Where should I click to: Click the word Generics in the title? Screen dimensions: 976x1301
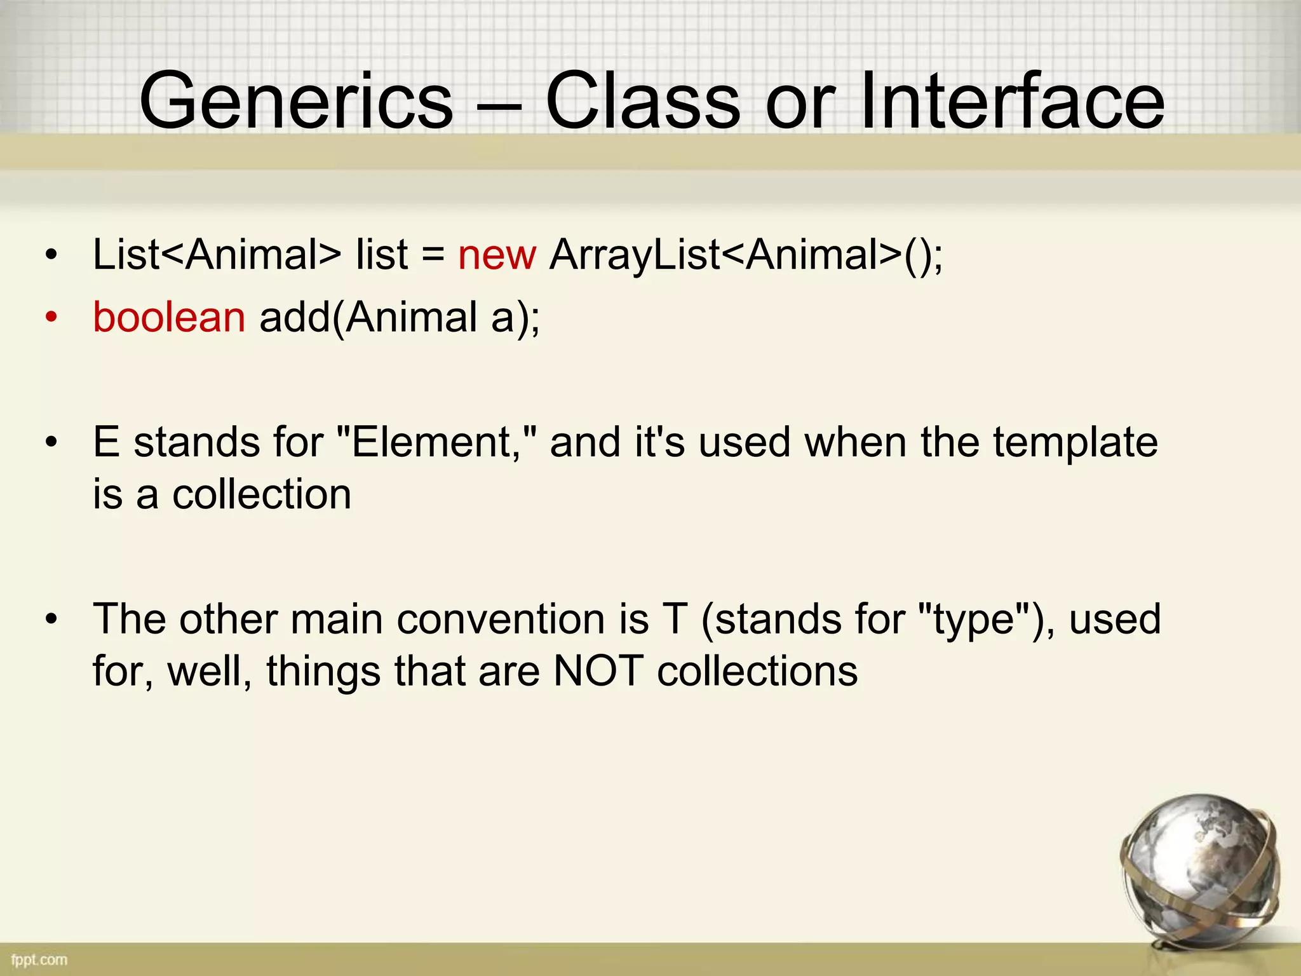pyautogui.click(x=296, y=102)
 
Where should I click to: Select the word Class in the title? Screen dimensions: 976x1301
pyautogui.click(x=643, y=102)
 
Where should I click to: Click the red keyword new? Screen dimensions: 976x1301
pyautogui.click(x=497, y=255)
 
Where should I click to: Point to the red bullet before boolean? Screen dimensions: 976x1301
pyautogui.click(x=51, y=317)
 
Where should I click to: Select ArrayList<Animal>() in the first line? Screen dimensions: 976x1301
pyautogui.click(x=746, y=255)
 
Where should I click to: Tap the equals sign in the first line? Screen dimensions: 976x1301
pyautogui.click(x=433, y=256)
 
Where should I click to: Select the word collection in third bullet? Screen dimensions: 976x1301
pyautogui.click(x=262, y=494)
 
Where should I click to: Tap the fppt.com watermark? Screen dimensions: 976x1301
pyautogui.click(x=39, y=959)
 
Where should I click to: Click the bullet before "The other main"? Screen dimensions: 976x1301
pyautogui.click(x=51, y=619)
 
